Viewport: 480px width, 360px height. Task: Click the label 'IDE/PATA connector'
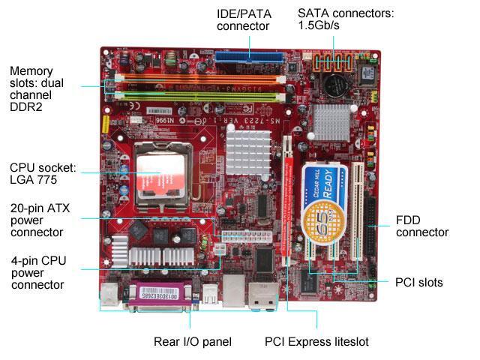243,19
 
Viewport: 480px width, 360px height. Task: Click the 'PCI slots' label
418,283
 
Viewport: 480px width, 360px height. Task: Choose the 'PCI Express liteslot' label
316,342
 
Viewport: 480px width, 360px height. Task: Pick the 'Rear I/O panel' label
192,342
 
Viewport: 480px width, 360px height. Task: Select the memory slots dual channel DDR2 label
41,88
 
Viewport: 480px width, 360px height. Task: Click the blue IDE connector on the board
250,56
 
